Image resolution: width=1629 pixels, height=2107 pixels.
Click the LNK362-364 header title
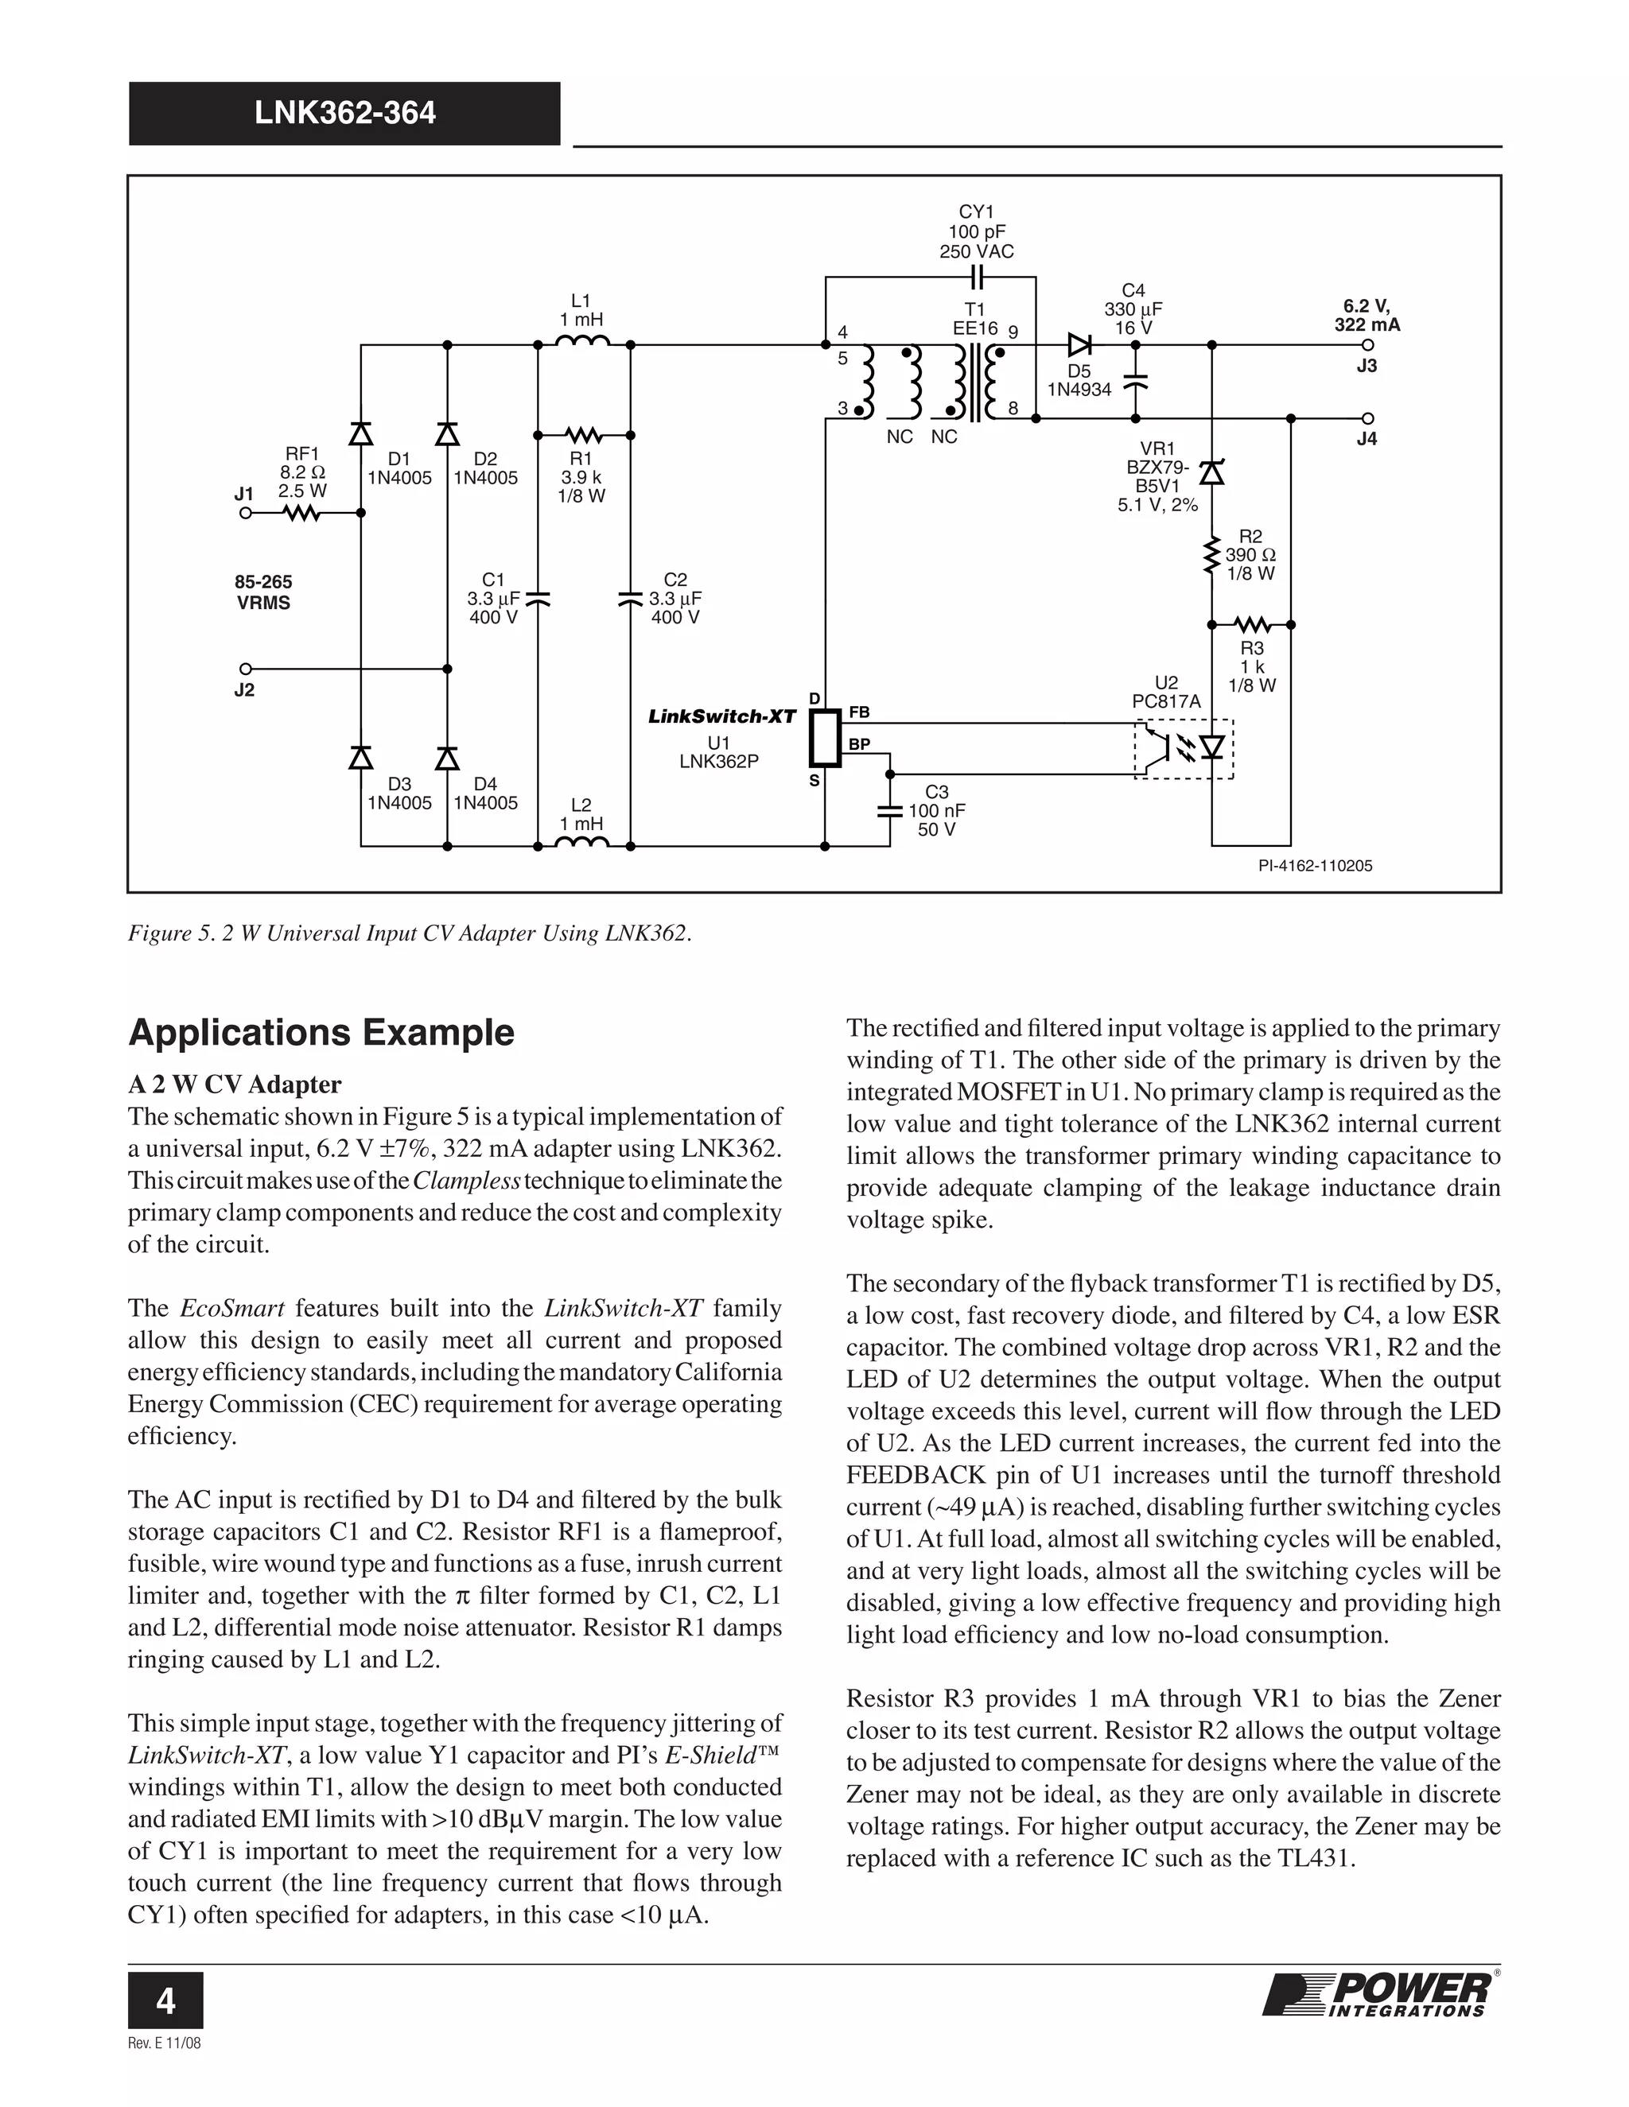(x=344, y=114)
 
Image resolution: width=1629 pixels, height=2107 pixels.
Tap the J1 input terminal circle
(x=245, y=514)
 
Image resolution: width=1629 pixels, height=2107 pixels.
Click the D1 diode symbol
(x=361, y=434)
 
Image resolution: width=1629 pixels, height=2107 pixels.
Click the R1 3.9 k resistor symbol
(x=583, y=434)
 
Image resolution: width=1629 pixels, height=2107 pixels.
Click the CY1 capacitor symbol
(x=977, y=277)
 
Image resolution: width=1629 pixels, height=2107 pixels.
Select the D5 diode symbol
(x=1079, y=344)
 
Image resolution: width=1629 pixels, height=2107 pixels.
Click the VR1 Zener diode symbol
(x=1211, y=471)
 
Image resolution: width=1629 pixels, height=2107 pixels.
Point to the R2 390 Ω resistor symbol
(x=1211, y=557)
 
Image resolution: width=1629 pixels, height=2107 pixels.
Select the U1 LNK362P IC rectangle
(x=825, y=738)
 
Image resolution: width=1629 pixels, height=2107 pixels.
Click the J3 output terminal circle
(x=1367, y=344)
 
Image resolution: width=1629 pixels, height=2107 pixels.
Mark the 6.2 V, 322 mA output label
(x=1367, y=316)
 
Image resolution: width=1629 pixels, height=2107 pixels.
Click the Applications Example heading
(x=321, y=1032)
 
